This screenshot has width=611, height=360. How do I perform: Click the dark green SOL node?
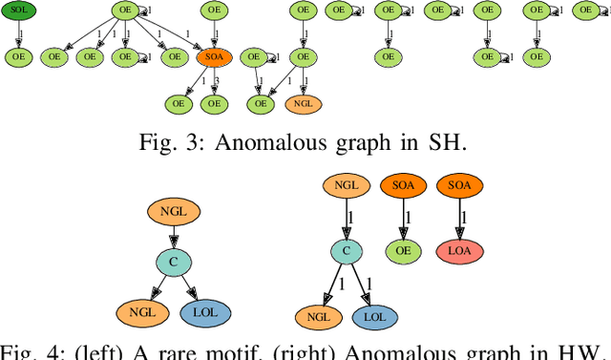click(19, 11)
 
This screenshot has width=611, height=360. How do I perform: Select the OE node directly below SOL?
click(19, 57)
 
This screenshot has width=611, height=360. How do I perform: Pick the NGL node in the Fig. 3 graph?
click(302, 103)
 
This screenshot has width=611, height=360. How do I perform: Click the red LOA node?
click(459, 251)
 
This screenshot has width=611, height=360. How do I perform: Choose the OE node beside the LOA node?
click(403, 251)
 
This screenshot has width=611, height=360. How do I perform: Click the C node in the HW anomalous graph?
click(348, 251)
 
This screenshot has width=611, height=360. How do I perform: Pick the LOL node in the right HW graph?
click(376, 318)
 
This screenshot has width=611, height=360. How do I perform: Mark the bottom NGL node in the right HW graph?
click(317, 318)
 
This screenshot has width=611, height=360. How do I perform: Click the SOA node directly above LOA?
click(459, 185)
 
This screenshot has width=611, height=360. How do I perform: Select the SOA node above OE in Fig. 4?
click(403, 185)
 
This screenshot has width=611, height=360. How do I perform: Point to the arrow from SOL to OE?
click(19, 34)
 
